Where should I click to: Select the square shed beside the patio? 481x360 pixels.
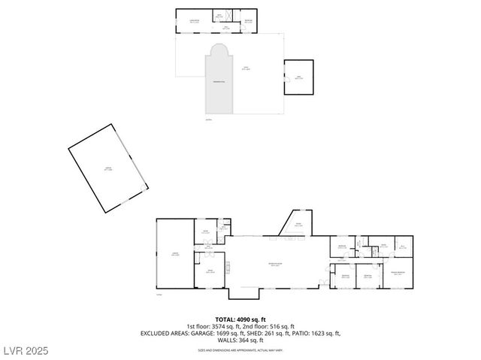[298, 77]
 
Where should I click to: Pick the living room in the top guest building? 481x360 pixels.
[194, 22]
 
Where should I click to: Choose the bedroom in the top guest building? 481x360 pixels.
[248, 21]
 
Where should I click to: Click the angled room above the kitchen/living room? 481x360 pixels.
[298, 225]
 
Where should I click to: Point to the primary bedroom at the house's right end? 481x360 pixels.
[397, 272]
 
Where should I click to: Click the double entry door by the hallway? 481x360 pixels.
[325, 282]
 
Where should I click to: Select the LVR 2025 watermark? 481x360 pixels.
[24, 351]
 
